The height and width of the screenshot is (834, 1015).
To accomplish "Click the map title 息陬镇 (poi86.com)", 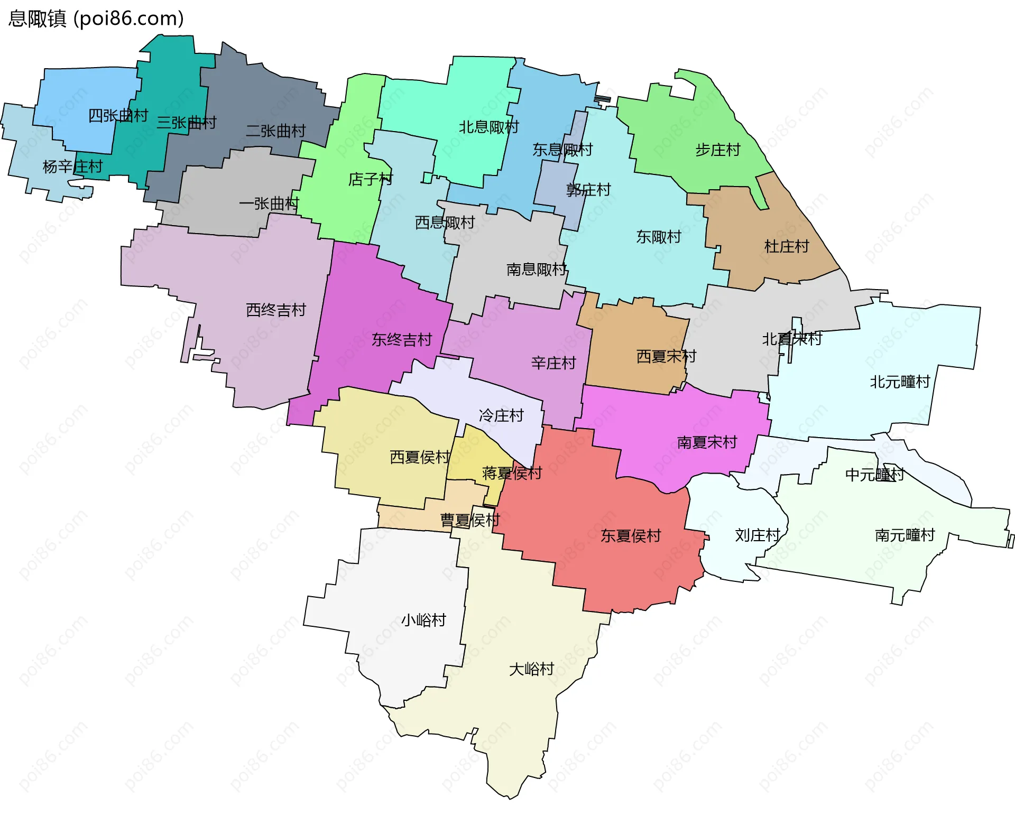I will point(96,18).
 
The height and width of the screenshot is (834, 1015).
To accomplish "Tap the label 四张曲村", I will point(118,115).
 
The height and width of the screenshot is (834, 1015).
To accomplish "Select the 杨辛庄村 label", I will point(72,166).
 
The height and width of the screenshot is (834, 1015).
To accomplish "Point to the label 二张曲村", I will point(275,131).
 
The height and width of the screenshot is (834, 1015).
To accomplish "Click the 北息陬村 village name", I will point(488,127).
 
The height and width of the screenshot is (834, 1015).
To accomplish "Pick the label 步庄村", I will point(717,150).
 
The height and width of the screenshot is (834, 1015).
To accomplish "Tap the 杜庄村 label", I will point(786,246).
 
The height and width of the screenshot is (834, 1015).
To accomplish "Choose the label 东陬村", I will point(658,237).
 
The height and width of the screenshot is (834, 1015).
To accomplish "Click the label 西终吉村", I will point(276,310).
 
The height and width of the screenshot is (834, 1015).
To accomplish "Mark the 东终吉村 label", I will point(402,339).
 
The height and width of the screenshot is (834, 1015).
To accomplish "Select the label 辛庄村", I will point(553,363).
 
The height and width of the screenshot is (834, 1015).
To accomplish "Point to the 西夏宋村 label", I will point(666,356).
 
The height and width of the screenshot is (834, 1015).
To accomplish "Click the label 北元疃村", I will point(900,382).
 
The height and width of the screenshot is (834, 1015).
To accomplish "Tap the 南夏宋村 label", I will point(707,442).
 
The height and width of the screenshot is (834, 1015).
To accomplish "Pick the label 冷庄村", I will point(501,415).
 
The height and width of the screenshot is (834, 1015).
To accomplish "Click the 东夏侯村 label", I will point(630,536).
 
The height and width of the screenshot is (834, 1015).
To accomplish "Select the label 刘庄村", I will point(757,535).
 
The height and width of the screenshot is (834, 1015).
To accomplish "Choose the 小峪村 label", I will point(423,620).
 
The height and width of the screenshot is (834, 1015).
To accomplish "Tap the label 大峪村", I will point(531,669).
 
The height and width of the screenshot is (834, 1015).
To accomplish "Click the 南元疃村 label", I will point(905,535).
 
